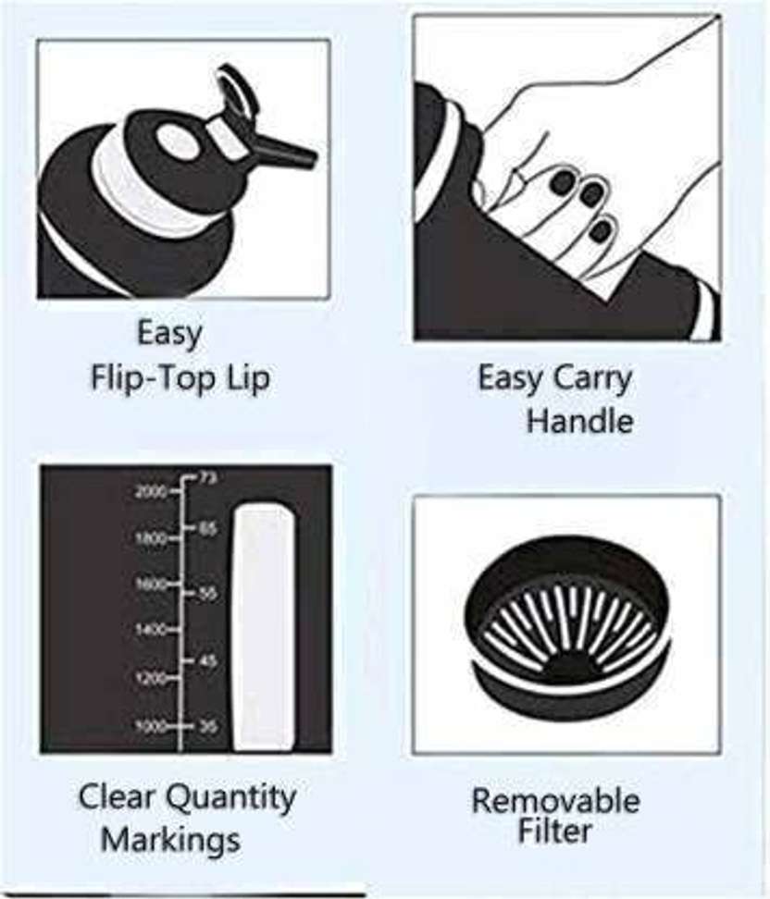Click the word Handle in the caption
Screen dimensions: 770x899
pyautogui.click(x=579, y=422)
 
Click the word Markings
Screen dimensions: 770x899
pyautogui.click(x=171, y=841)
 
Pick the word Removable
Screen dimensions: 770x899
pyautogui.click(x=555, y=800)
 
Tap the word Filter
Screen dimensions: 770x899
pyautogui.click(x=554, y=831)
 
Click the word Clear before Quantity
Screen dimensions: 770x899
pyautogui.click(x=117, y=796)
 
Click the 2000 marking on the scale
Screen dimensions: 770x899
pyautogui.click(x=151, y=491)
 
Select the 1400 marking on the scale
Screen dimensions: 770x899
pyautogui.click(x=151, y=630)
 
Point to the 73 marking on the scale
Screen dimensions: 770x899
pyautogui.click(x=207, y=478)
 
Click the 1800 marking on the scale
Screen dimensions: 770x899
pyautogui.click(x=151, y=537)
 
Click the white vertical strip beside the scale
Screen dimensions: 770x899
pyautogui.click(x=265, y=627)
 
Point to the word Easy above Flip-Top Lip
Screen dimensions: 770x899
pyautogui.click(x=170, y=333)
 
